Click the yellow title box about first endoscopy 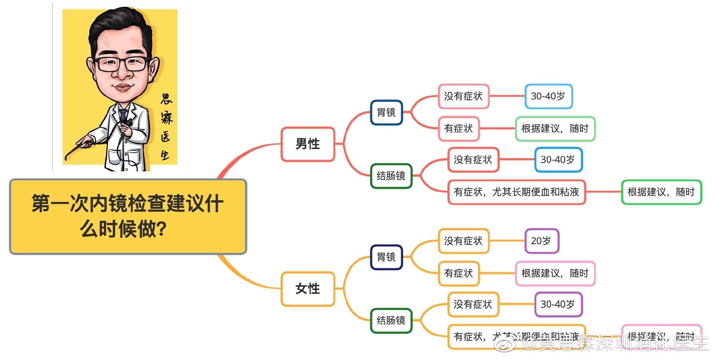[128, 217]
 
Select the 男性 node [307, 144]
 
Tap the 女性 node [307, 289]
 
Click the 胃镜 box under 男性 [386, 112]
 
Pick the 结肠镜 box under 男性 [391, 176]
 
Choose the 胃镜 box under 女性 [386, 257]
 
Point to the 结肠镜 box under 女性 [391, 320]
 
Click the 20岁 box [541, 241]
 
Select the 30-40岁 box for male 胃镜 [548, 96]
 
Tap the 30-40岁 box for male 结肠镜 [558, 160]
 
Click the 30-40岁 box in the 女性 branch [558, 304]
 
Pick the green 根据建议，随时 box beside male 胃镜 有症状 [555, 129]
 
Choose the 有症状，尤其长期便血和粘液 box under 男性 [516, 192]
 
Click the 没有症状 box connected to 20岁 [463, 241]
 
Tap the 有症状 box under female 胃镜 [459, 273]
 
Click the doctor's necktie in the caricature [123, 115]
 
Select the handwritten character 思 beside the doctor [166, 99]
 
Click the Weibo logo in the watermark [505, 343]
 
